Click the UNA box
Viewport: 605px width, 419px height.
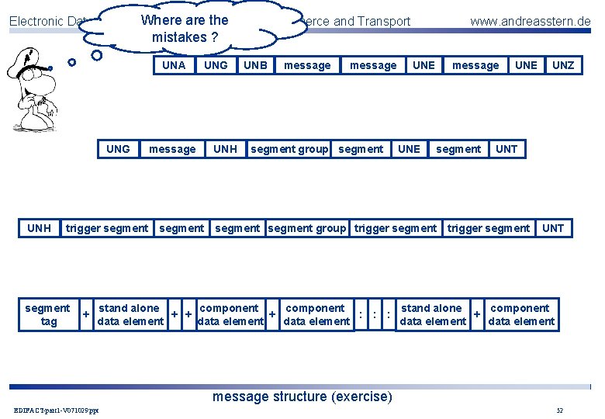click(174, 65)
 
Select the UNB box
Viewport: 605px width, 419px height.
click(255, 65)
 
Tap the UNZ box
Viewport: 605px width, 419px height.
click(563, 65)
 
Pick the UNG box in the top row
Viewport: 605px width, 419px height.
click(216, 65)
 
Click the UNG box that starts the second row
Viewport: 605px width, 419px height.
click(118, 149)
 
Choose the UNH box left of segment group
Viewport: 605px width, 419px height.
click(225, 149)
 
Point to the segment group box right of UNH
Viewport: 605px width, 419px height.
click(289, 149)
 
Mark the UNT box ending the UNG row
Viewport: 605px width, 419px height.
click(506, 149)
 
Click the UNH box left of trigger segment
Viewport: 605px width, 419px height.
click(39, 228)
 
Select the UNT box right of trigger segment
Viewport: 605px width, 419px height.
click(553, 228)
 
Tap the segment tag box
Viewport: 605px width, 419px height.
click(47, 315)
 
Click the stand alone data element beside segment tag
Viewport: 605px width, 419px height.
click(130, 315)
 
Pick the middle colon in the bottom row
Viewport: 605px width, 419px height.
click(374, 315)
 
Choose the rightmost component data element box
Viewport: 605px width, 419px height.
click(520, 315)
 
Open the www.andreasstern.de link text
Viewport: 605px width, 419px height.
click(530, 21)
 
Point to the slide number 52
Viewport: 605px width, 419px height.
click(559, 410)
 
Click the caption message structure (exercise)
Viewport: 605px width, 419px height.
click(302, 397)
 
